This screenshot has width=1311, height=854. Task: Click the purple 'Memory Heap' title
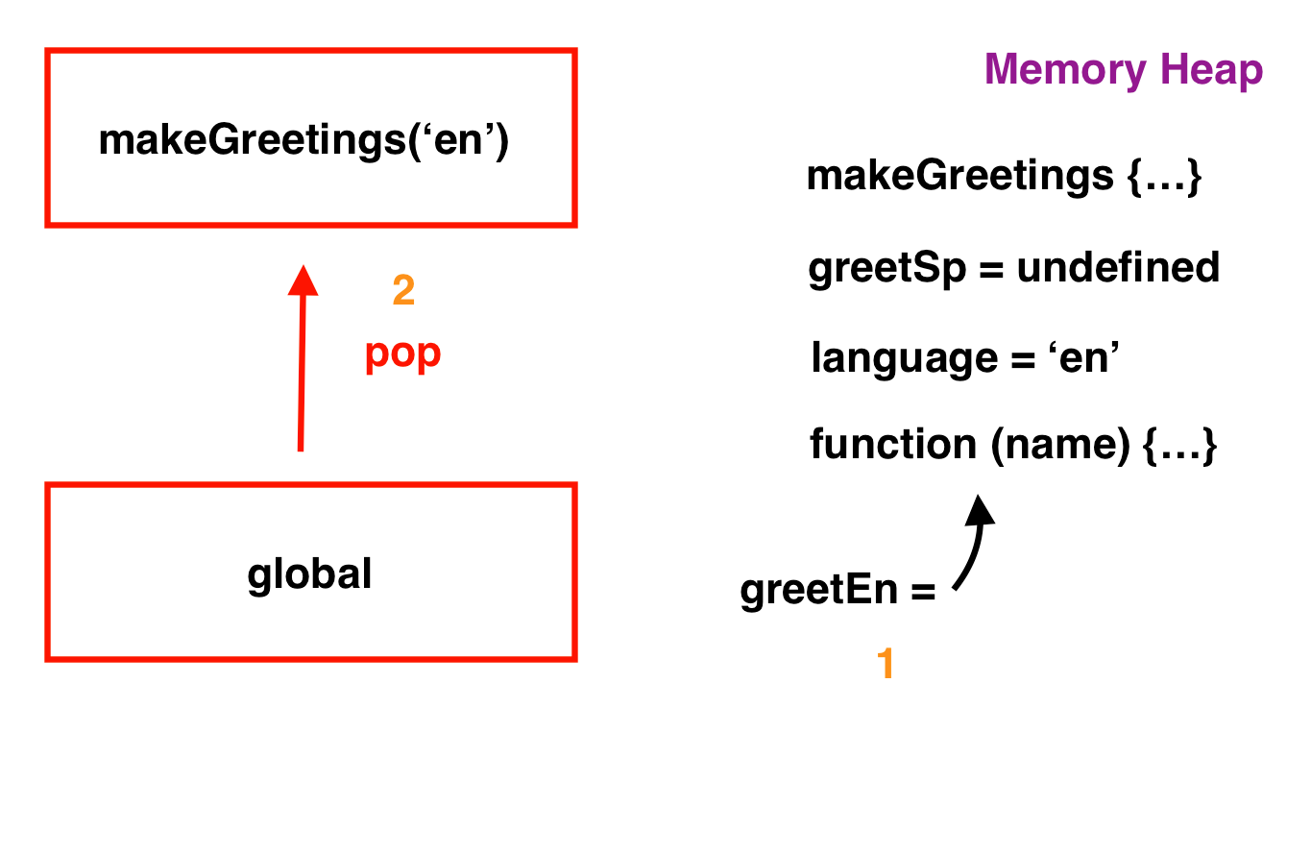(1124, 70)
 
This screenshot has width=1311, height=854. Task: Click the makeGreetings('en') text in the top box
(303, 140)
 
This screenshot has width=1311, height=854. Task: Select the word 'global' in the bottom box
(309, 574)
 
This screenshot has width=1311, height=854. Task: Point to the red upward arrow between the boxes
(302, 358)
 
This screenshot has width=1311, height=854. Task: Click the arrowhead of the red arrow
(303, 281)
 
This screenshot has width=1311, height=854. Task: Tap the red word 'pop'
(402, 354)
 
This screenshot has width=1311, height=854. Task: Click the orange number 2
(403, 290)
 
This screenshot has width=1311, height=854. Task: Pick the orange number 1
(886, 663)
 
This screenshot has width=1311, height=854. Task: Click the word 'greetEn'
(819, 590)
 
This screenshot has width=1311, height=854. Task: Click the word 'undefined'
(1119, 267)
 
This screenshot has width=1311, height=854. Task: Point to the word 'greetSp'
(887, 269)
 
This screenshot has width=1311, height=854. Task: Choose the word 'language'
(904, 358)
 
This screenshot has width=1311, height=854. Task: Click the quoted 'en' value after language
(1083, 357)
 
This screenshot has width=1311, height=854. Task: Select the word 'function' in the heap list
(893, 444)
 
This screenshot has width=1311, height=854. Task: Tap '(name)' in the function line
(1060, 445)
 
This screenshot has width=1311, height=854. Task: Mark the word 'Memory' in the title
(1065, 70)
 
